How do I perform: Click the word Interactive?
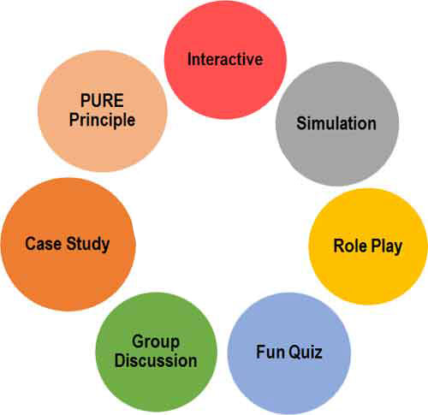tap(225, 59)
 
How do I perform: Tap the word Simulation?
tap(336, 123)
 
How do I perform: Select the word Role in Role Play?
tap(350, 246)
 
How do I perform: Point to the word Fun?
tap(270, 352)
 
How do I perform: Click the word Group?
tap(156, 342)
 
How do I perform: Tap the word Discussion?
tap(156, 360)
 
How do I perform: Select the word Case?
tap(44, 244)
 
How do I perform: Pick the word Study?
tap(88, 245)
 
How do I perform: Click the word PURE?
tap(102, 100)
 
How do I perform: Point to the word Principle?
tap(102, 120)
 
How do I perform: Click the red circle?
tap(225, 59)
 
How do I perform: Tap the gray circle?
tap(337, 123)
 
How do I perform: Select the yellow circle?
tap(368, 246)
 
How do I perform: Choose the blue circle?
tap(289, 353)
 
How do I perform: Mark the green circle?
tap(157, 352)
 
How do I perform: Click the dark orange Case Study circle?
tap(68, 245)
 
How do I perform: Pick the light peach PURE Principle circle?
tap(103, 111)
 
